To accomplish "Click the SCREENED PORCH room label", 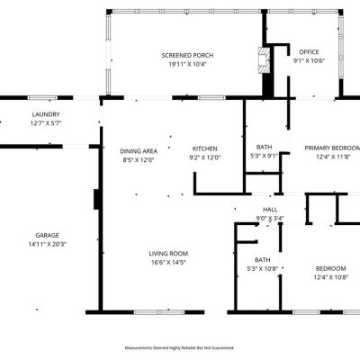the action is coord(187,56).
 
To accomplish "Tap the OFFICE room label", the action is coord(309,52).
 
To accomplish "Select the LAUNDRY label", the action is coord(46,114).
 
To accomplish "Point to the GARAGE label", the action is coord(47,236).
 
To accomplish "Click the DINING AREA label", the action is coord(139,151).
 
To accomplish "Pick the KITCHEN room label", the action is coord(204,148).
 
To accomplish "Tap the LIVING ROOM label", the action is coord(168,254).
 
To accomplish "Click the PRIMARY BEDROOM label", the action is coord(332,148).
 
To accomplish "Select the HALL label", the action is coord(270,210).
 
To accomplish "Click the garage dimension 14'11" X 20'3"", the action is coord(48,244).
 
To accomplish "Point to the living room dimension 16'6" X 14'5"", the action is coord(168,263).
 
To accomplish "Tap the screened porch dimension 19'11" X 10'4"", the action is coord(188,64).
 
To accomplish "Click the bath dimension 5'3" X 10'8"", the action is coord(263,269).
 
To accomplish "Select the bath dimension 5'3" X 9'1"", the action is coord(265,156).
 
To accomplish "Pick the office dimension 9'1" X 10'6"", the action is coord(309,61).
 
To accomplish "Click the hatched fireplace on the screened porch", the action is coord(265,60).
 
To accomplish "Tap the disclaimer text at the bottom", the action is coord(179,348).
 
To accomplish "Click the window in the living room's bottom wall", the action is coord(159,312).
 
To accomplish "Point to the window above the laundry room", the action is coord(42,98).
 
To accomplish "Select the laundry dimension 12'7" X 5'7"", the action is coord(46,123).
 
